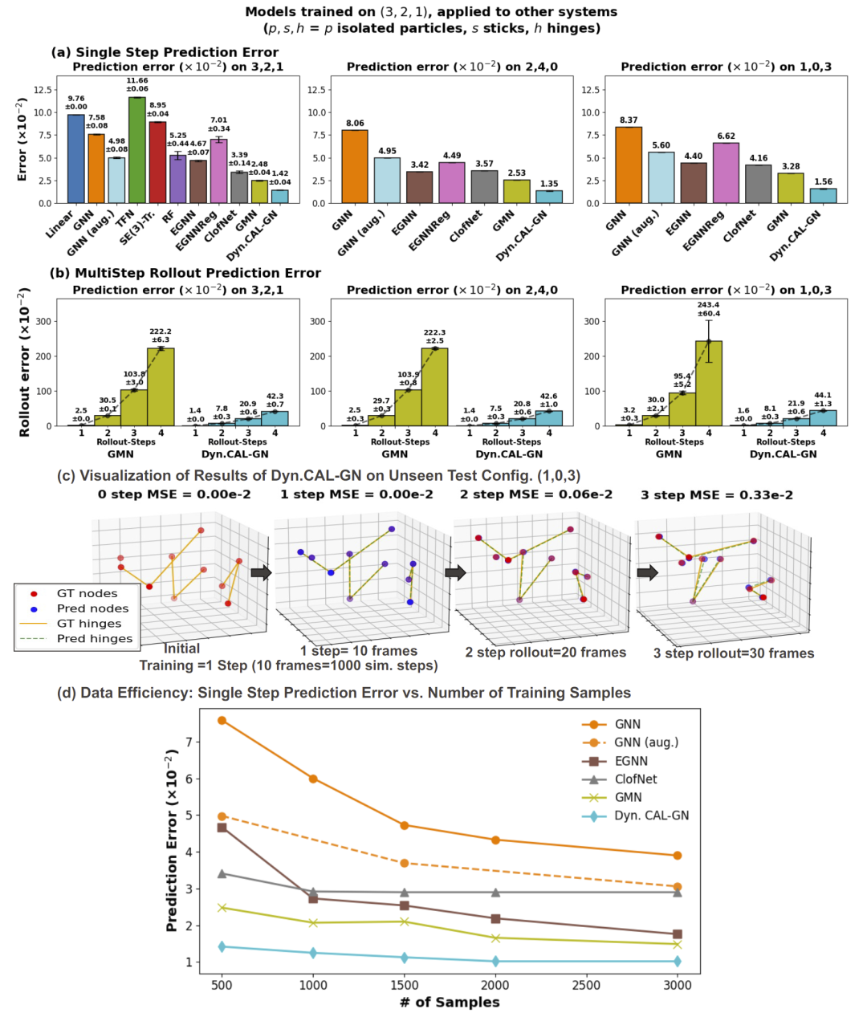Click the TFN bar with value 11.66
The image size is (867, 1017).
coord(136,150)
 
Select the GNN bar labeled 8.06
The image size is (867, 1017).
coord(355,166)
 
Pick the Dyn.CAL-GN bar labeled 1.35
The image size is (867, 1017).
coord(549,197)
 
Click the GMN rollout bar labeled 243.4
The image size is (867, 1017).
coord(708,383)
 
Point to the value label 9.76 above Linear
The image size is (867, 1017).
coord(76,102)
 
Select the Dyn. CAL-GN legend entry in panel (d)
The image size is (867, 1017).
coord(651,816)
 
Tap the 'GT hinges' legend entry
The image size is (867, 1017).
coord(88,624)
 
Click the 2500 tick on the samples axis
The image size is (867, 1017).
coord(586,986)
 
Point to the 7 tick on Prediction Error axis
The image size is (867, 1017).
coord(189,742)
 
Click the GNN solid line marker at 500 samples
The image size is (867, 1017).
coord(222,721)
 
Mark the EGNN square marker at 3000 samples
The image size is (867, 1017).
coord(678,934)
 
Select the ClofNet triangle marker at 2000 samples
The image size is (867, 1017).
coord(495,892)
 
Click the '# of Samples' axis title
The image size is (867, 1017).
coord(450,1003)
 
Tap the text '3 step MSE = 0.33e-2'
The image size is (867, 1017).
coord(716,495)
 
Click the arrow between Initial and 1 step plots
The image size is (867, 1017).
coord(261,572)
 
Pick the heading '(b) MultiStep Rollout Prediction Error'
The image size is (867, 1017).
coord(185,273)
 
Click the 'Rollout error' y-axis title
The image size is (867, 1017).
coord(24,364)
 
